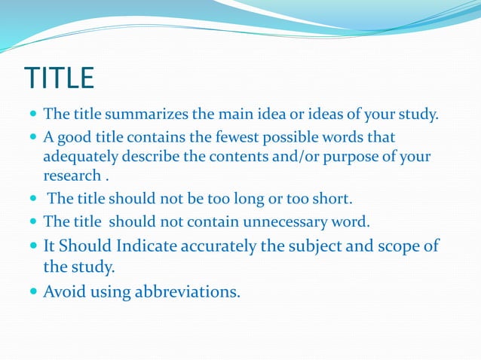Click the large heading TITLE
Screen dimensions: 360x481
(60, 78)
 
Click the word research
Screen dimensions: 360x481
(72, 175)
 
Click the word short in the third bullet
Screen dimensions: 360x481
(333, 199)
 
